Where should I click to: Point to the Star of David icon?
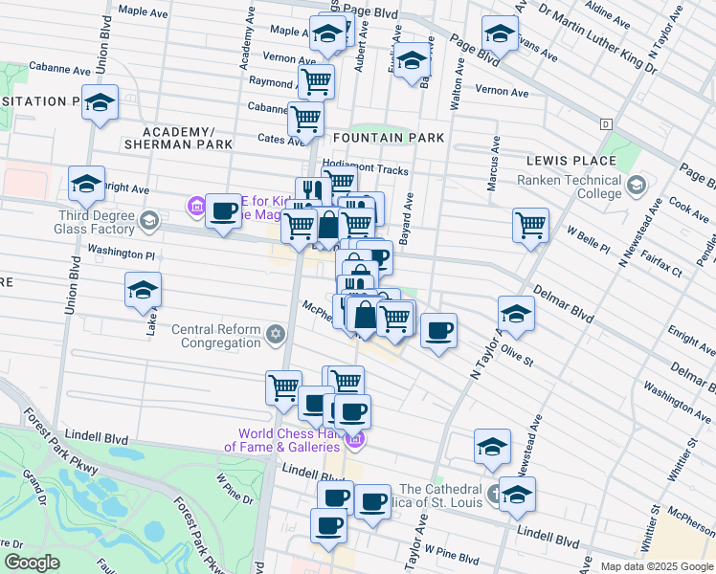point(276,334)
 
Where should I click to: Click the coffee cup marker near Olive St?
point(438,331)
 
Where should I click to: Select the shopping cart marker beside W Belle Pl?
point(530,226)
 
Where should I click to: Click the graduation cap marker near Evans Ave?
point(500,33)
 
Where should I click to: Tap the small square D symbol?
point(606,124)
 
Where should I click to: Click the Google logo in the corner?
point(32,563)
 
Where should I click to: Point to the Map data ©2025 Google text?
point(656,566)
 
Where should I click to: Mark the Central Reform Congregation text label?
point(216,336)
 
